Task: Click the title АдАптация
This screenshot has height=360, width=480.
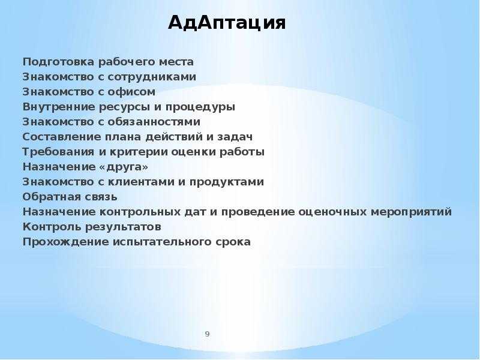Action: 227,23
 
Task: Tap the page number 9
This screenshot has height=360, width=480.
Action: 207,334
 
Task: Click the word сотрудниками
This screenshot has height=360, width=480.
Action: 152,77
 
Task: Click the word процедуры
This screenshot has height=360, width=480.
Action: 200,107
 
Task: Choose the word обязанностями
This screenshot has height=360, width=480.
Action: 154,122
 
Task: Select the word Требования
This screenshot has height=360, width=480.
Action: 58,152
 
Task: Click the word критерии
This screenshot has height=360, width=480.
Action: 138,152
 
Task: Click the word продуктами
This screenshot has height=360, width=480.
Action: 227,182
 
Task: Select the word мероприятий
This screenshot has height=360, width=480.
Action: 411,212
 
